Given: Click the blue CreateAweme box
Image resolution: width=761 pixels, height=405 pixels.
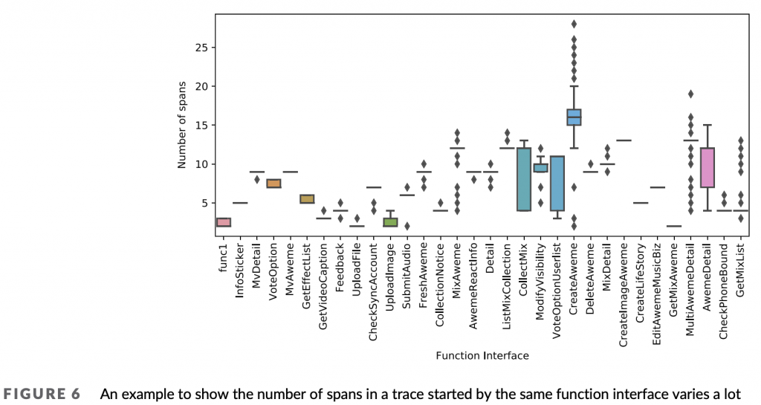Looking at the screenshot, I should (574, 117).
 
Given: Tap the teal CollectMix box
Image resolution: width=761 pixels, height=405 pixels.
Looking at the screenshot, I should (524, 179).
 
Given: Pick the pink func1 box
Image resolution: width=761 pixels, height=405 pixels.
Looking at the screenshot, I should (224, 222).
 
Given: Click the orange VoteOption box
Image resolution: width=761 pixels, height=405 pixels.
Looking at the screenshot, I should (273, 184).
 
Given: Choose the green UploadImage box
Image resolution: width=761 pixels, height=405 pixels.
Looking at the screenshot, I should (389, 222).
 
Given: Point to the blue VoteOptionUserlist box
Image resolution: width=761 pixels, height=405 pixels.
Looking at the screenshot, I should (557, 184).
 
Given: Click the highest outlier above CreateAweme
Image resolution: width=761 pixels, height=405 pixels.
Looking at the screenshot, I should (574, 24).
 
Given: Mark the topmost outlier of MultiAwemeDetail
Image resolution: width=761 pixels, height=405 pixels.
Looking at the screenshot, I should (690, 94).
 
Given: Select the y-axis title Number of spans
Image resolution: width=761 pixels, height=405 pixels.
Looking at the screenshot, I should (181, 121).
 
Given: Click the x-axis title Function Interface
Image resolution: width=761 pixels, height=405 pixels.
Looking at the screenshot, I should (482, 356).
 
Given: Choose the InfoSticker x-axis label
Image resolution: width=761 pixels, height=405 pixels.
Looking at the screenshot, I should (239, 270).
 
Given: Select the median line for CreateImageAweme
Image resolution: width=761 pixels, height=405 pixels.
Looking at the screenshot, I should (624, 140).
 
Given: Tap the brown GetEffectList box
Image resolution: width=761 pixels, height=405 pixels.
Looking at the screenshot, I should (306, 199).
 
